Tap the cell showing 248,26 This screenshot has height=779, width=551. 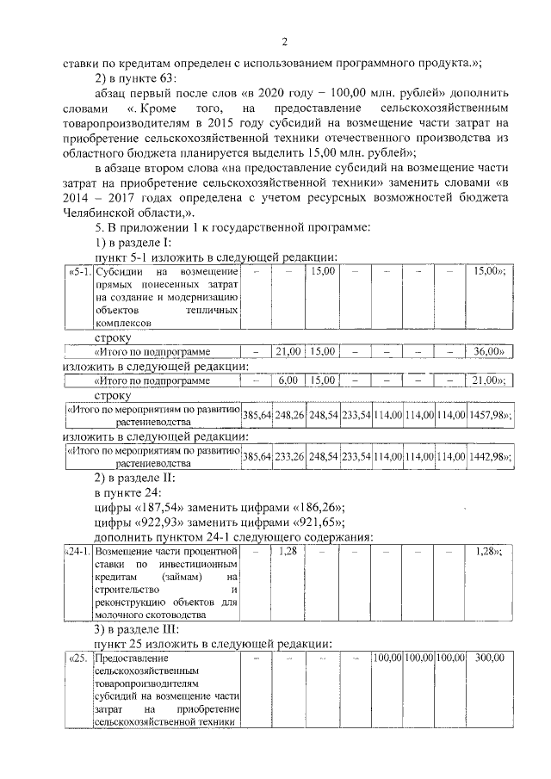tap(288, 415)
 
